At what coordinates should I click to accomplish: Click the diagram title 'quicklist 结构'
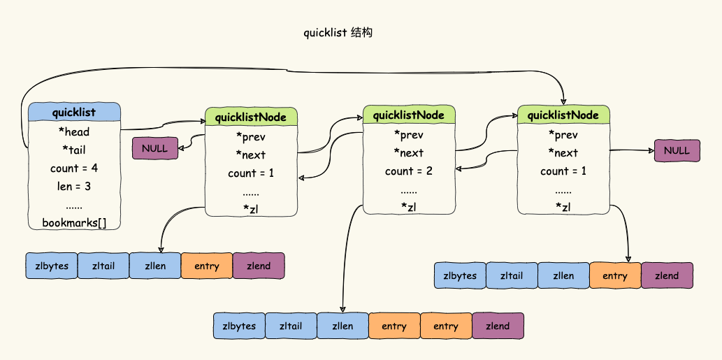338,33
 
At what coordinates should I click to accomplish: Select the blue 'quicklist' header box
74,112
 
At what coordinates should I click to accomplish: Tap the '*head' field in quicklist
74,131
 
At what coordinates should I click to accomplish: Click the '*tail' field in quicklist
74,150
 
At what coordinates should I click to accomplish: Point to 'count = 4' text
74,168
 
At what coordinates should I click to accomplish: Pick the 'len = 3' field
74,187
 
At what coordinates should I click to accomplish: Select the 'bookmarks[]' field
74,223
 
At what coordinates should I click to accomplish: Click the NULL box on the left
155,148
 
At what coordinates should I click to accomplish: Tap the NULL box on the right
677,150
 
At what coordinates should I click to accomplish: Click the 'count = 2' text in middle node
409,171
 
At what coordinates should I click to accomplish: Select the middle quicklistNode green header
409,115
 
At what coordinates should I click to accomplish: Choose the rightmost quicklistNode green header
563,115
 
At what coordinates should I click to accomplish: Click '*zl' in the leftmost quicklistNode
251,209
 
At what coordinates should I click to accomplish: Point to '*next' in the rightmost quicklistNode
563,153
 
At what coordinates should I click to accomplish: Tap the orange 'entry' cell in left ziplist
206,266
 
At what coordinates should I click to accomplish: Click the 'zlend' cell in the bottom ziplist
498,326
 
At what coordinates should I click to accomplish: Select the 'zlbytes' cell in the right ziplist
459,275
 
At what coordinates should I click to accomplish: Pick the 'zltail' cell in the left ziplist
103,266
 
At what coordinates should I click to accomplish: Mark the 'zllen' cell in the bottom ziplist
342,326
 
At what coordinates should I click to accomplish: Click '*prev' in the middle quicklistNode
409,134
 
